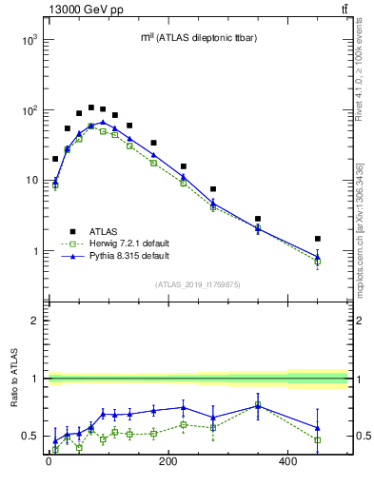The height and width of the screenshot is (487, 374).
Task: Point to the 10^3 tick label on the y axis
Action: (30, 40)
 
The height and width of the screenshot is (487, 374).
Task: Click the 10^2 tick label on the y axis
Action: (30, 110)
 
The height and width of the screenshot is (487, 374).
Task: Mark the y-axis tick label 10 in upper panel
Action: (31, 181)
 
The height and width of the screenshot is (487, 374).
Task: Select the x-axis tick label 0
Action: (49, 463)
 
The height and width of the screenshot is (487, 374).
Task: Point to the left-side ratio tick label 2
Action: (35, 321)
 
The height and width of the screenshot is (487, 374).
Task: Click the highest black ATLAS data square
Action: (91, 107)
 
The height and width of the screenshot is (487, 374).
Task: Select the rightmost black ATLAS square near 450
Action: (318, 239)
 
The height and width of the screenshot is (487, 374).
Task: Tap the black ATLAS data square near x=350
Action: (258, 219)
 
